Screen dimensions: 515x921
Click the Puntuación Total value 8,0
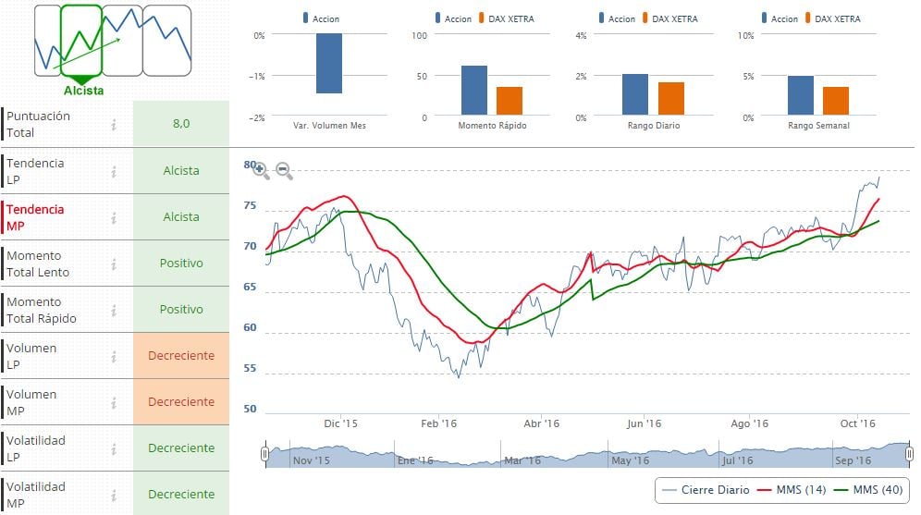[x=180, y=124]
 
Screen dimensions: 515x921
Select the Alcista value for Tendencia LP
[x=180, y=170]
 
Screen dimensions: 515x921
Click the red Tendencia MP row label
[x=36, y=217]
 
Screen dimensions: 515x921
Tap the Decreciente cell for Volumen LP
[x=180, y=355]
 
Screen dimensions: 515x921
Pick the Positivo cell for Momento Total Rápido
[x=180, y=309]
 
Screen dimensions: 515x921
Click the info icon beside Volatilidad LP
[x=114, y=448]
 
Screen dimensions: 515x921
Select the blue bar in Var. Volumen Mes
[x=329, y=64]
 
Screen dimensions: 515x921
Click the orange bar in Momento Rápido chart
[x=510, y=100]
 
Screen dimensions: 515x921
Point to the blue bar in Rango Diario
[x=635, y=94]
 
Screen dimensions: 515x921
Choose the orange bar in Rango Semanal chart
[x=836, y=101]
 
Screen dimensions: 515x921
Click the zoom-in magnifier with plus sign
[x=261, y=171]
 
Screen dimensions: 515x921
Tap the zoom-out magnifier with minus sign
[x=284, y=171]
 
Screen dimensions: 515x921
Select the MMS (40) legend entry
[x=870, y=489]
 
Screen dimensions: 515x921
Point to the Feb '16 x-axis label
[x=438, y=423]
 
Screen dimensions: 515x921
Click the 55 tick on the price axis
[x=250, y=369]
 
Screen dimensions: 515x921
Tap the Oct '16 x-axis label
[x=857, y=423]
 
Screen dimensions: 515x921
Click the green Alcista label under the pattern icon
[x=84, y=91]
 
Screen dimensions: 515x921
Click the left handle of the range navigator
[x=265, y=454]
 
